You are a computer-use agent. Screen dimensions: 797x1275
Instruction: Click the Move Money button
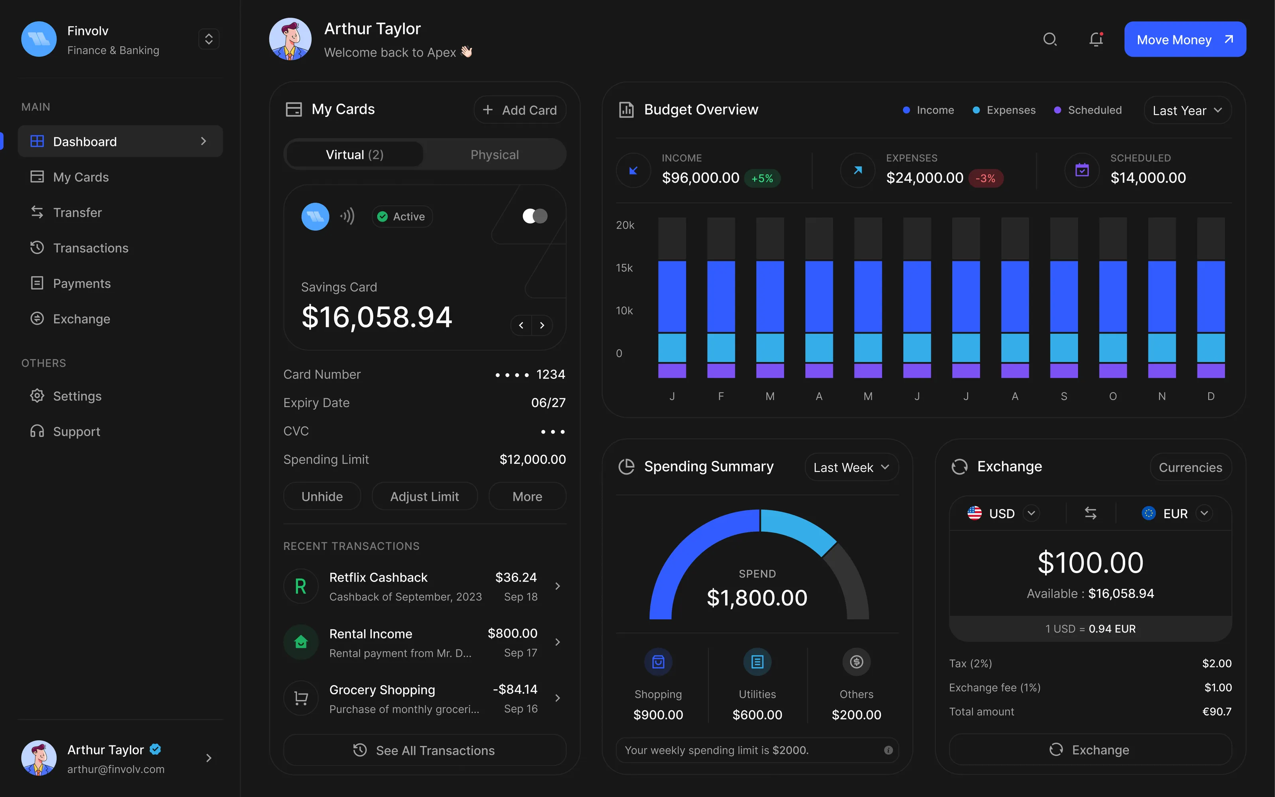[x=1185, y=39]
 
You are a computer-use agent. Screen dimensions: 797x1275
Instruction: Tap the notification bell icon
[x=1096, y=39]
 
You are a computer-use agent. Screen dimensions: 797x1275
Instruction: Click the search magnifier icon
[x=1049, y=39]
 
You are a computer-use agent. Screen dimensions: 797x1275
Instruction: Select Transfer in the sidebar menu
[x=77, y=212]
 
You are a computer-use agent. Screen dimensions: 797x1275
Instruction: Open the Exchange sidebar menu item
[x=81, y=319]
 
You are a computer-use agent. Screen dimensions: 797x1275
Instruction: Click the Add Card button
[x=520, y=110]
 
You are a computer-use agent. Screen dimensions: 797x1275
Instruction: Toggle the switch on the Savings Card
[x=535, y=216]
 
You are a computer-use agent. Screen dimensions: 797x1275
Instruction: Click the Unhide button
[x=322, y=496]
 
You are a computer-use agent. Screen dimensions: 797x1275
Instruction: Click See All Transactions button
[x=425, y=750]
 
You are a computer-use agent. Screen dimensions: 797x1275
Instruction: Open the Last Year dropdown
[x=1187, y=110]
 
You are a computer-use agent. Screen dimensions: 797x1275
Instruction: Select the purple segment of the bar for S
[x=1064, y=371]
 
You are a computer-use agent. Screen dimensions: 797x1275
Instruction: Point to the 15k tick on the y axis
[x=624, y=268]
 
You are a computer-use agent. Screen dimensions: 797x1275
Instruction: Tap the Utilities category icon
[x=757, y=662]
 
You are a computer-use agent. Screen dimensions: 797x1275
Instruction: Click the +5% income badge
[x=762, y=179]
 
